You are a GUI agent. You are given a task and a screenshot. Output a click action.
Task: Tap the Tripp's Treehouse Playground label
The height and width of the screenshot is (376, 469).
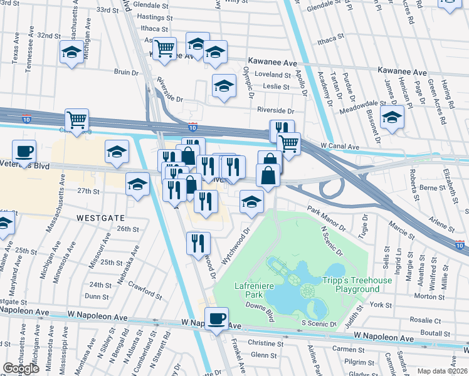[357, 285]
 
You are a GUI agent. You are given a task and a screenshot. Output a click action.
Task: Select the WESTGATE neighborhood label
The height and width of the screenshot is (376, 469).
[97, 217]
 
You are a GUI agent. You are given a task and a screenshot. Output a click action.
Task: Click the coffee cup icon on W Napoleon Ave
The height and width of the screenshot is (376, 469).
[218, 319]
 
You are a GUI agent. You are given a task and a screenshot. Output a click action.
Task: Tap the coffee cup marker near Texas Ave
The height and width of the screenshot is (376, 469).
[24, 152]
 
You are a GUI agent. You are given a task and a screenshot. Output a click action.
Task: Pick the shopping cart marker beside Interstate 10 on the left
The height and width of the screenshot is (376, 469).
[76, 120]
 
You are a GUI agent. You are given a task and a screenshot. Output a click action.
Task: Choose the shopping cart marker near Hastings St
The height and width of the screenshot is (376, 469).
[164, 48]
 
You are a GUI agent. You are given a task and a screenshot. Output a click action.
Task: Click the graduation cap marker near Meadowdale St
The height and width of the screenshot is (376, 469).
[392, 117]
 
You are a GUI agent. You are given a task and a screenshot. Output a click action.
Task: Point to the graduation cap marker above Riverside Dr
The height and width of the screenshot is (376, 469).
[224, 86]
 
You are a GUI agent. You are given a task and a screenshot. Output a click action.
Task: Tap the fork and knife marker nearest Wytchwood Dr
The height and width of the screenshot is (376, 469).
[198, 242]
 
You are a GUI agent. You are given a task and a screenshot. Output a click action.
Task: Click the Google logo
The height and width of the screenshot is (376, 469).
[21, 368]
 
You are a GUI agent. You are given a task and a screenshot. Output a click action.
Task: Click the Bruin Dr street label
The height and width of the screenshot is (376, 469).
[126, 73]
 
